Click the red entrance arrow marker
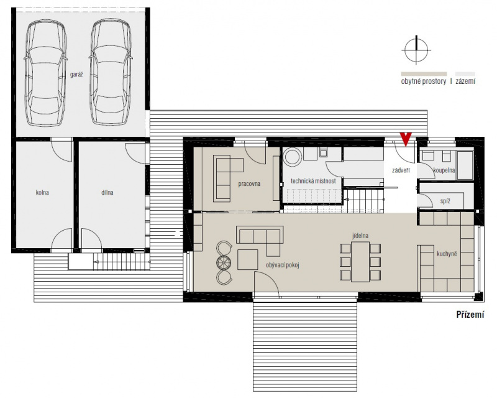tap(406, 139)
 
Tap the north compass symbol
tap(416, 50)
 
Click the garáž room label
tap(76, 75)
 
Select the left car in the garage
tap(45, 73)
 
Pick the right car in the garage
tap(111, 73)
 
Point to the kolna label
tap(42, 192)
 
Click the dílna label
tap(107, 192)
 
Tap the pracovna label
tap(249, 184)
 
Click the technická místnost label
tap(313, 181)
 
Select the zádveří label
tap(401, 170)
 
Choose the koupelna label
tap(444, 170)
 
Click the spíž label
tap(445, 201)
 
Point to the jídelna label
tap(360, 236)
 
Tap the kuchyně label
tap(447, 254)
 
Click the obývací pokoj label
tap(283, 265)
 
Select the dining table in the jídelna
tap(360, 262)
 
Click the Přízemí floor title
tap(470, 315)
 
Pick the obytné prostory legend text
tap(424, 81)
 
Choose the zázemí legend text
tap(465, 81)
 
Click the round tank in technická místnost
tap(292, 157)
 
